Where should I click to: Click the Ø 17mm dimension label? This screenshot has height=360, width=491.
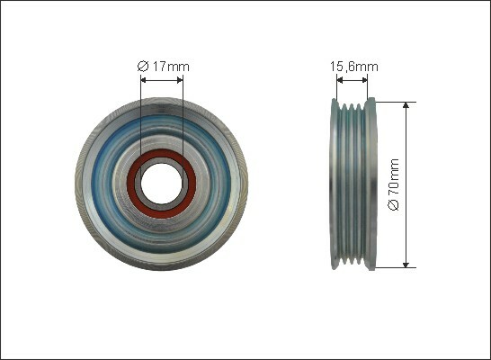coord(163,67)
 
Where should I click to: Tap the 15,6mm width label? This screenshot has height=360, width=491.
coord(354,67)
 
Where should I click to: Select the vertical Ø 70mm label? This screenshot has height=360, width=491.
coord(394,184)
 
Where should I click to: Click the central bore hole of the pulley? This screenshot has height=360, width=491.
coord(161,184)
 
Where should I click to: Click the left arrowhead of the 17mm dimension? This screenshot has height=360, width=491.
coord(144,80)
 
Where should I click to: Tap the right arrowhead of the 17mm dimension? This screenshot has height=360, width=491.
coord(180,80)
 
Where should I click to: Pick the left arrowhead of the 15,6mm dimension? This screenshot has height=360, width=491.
coord(340,80)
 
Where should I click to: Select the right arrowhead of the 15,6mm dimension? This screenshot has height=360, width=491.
coord(364,80)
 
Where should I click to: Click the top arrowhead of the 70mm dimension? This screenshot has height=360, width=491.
coord(406,105)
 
